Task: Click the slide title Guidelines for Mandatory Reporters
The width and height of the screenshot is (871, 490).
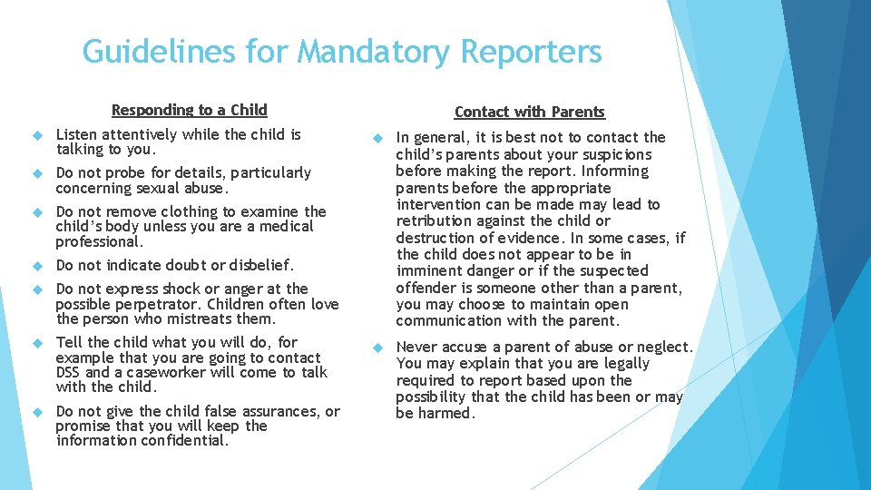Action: point(341,52)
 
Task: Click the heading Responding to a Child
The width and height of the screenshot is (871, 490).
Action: point(189,110)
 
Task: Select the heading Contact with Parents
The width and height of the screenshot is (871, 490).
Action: point(529,112)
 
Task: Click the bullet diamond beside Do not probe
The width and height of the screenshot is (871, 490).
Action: point(37,173)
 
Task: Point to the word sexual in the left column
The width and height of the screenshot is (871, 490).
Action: point(156,189)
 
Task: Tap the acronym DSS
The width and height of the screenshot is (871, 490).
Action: point(71,372)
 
